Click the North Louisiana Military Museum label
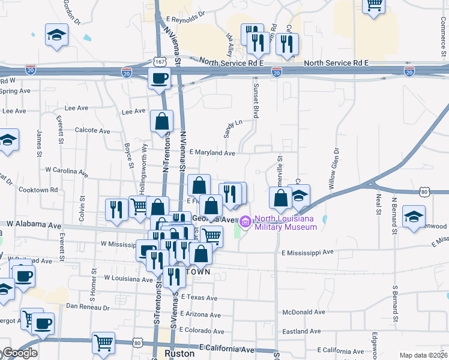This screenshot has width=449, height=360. [285, 223]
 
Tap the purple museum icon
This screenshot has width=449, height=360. [245, 223]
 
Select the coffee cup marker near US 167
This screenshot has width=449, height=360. [160, 78]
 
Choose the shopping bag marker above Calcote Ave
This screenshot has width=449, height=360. [162, 121]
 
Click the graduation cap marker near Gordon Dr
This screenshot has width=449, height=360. [56, 34]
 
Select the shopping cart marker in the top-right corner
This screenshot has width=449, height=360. [373, 6]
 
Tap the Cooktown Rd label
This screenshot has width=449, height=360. [38, 190]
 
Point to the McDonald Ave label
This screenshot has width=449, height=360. [303, 313]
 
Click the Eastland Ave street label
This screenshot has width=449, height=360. [304, 331]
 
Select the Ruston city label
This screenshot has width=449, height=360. [179, 354]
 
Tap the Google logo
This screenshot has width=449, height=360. [19, 353]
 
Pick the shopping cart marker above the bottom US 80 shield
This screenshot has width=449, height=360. [104, 343]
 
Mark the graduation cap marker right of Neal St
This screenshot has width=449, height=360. [414, 216]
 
